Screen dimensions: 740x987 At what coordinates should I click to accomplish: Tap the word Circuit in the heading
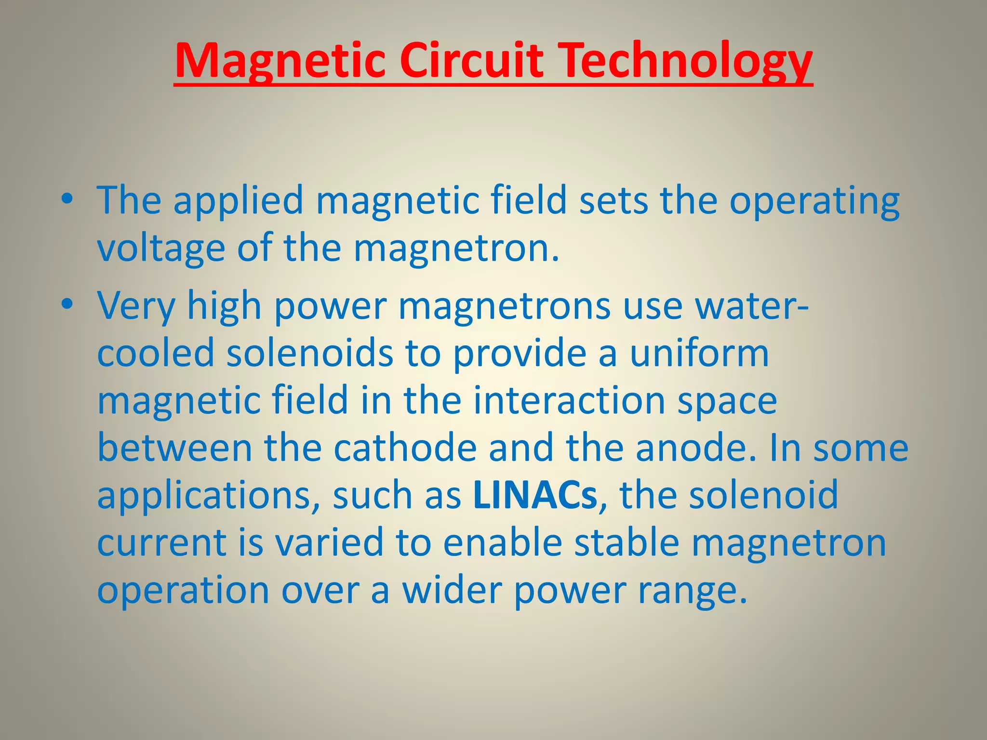tap(474, 61)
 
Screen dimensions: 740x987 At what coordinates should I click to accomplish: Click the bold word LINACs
tap(535, 495)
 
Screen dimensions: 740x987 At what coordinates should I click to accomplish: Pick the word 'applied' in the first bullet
tap(238, 201)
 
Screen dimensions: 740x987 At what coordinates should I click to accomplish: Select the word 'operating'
tap(814, 201)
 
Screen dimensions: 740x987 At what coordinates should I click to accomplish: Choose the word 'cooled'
tap(156, 353)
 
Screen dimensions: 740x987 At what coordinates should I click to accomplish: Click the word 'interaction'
tap(569, 400)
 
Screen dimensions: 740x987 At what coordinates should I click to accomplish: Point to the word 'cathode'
tap(405, 448)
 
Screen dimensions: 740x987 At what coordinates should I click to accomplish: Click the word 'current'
tap(162, 542)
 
